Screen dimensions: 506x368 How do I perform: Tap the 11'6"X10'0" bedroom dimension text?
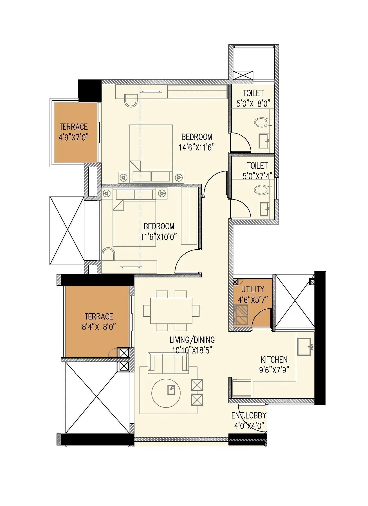pyautogui.click(x=159, y=237)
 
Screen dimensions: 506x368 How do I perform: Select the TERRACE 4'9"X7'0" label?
pyautogui.click(x=73, y=132)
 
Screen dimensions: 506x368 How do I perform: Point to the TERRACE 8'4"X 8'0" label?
pyautogui.click(x=99, y=322)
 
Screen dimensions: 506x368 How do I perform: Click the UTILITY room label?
pyautogui.click(x=253, y=289)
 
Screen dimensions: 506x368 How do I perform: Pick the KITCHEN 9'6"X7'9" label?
pyautogui.click(x=274, y=365)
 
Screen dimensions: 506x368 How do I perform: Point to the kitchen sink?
pyautogui.click(x=305, y=347)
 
